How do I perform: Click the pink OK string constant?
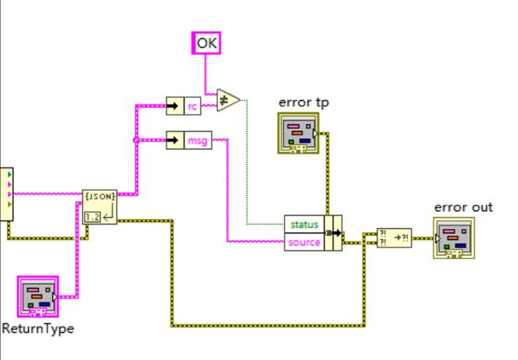pyautogui.click(x=207, y=43)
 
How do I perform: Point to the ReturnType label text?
pyautogui.click(x=38, y=328)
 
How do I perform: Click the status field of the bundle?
pyautogui.click(x=305, y=225)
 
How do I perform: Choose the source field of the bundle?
pyautogui.click(x=305, y=242)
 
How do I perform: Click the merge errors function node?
pyautogui.click(x=394, y=237)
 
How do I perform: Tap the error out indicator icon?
pyautogui.click(x=454, y=237)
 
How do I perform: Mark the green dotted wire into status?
pyautogui.click(x=247, y=171)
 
